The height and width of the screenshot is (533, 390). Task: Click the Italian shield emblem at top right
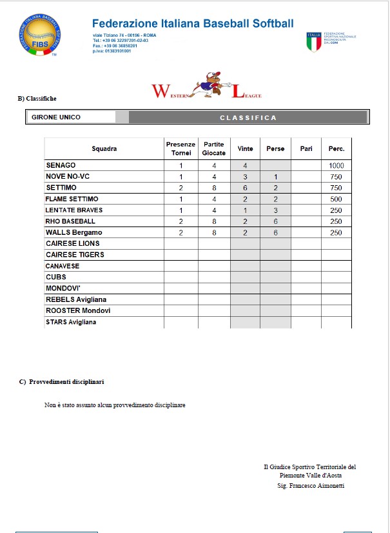coord(314,41)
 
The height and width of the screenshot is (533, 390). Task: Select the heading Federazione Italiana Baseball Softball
coord(193,24)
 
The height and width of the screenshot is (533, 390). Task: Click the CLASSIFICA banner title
coord(248,117)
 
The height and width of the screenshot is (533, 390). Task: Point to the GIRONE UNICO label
coord(56,117)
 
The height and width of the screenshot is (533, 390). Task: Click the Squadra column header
coord(104,149)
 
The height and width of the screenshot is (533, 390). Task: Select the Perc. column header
coord(336,149)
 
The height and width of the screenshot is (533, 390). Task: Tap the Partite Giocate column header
coord(214,148)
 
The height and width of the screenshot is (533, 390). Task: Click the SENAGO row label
coord(61,166)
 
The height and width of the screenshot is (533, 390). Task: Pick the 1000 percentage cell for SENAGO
coord(336,166)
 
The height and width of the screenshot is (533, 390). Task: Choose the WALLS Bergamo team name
coord(74,232)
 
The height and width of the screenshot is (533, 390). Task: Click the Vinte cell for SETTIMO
coord(246,188)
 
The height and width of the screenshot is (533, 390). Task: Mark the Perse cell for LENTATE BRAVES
coord(275,210)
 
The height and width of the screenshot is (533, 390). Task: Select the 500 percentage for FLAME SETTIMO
coord(336,199)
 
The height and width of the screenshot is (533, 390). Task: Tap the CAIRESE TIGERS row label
coord(75,254)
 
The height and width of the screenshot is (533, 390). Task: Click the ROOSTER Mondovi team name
coord(78,310)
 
